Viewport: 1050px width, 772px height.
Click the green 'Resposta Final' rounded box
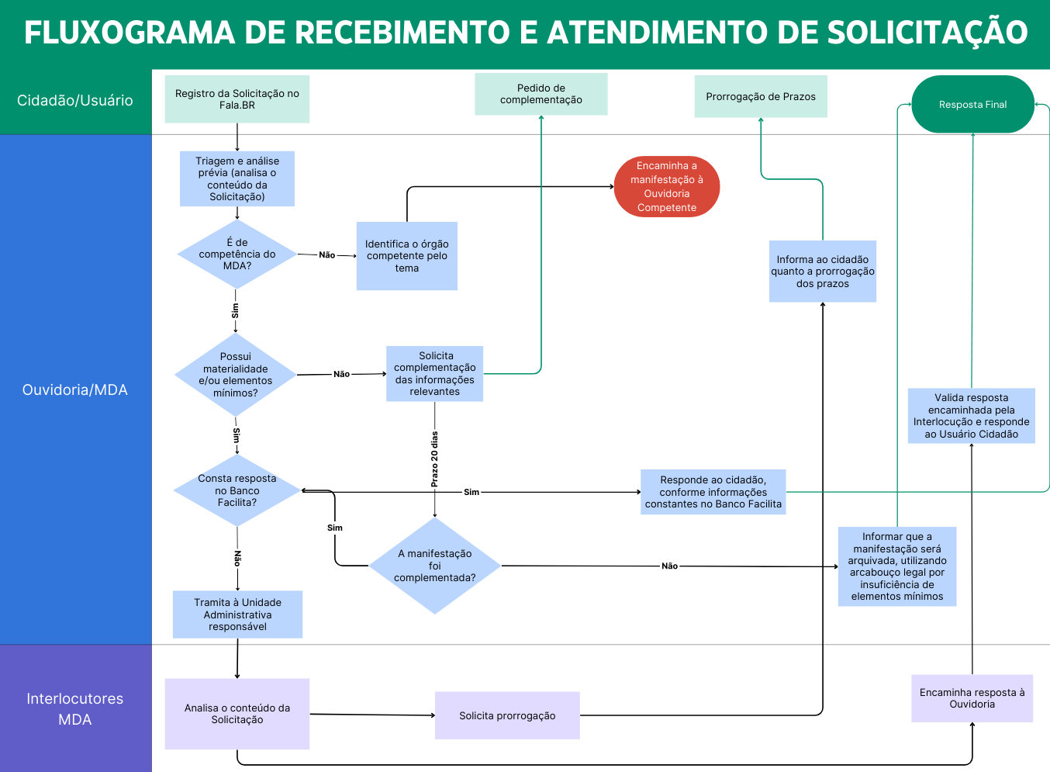[972, 104]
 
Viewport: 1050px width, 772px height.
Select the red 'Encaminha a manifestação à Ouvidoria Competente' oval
[667, 186]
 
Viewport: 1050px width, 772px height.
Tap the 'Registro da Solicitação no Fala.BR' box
[237, 99]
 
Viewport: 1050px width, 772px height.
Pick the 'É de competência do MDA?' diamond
[237, 254]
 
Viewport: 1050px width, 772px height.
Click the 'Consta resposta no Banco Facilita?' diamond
[237, 490]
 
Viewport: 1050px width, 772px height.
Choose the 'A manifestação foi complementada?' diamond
[434, 566]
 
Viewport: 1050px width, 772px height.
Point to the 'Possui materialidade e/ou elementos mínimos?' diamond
[236, 375]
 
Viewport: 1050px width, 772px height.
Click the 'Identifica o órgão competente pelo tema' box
[406, 256]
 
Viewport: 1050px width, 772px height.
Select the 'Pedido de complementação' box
[541, 94]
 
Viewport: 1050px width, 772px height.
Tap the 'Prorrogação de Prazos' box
[760, 96]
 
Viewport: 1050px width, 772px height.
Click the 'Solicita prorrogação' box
[507, 715]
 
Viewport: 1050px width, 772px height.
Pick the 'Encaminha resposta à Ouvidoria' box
[972, 698]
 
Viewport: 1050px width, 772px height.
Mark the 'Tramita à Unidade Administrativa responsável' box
[237, 614]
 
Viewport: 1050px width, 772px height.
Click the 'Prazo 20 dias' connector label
[434, 459]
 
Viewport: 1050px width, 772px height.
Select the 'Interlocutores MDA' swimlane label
[75, 708]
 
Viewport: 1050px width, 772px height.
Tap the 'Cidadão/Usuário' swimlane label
[75, 101]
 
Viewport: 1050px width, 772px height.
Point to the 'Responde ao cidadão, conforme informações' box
[713, 492]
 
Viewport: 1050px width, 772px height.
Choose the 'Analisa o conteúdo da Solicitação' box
[237, 714]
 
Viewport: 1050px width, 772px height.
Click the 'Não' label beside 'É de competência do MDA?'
[327, 255]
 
